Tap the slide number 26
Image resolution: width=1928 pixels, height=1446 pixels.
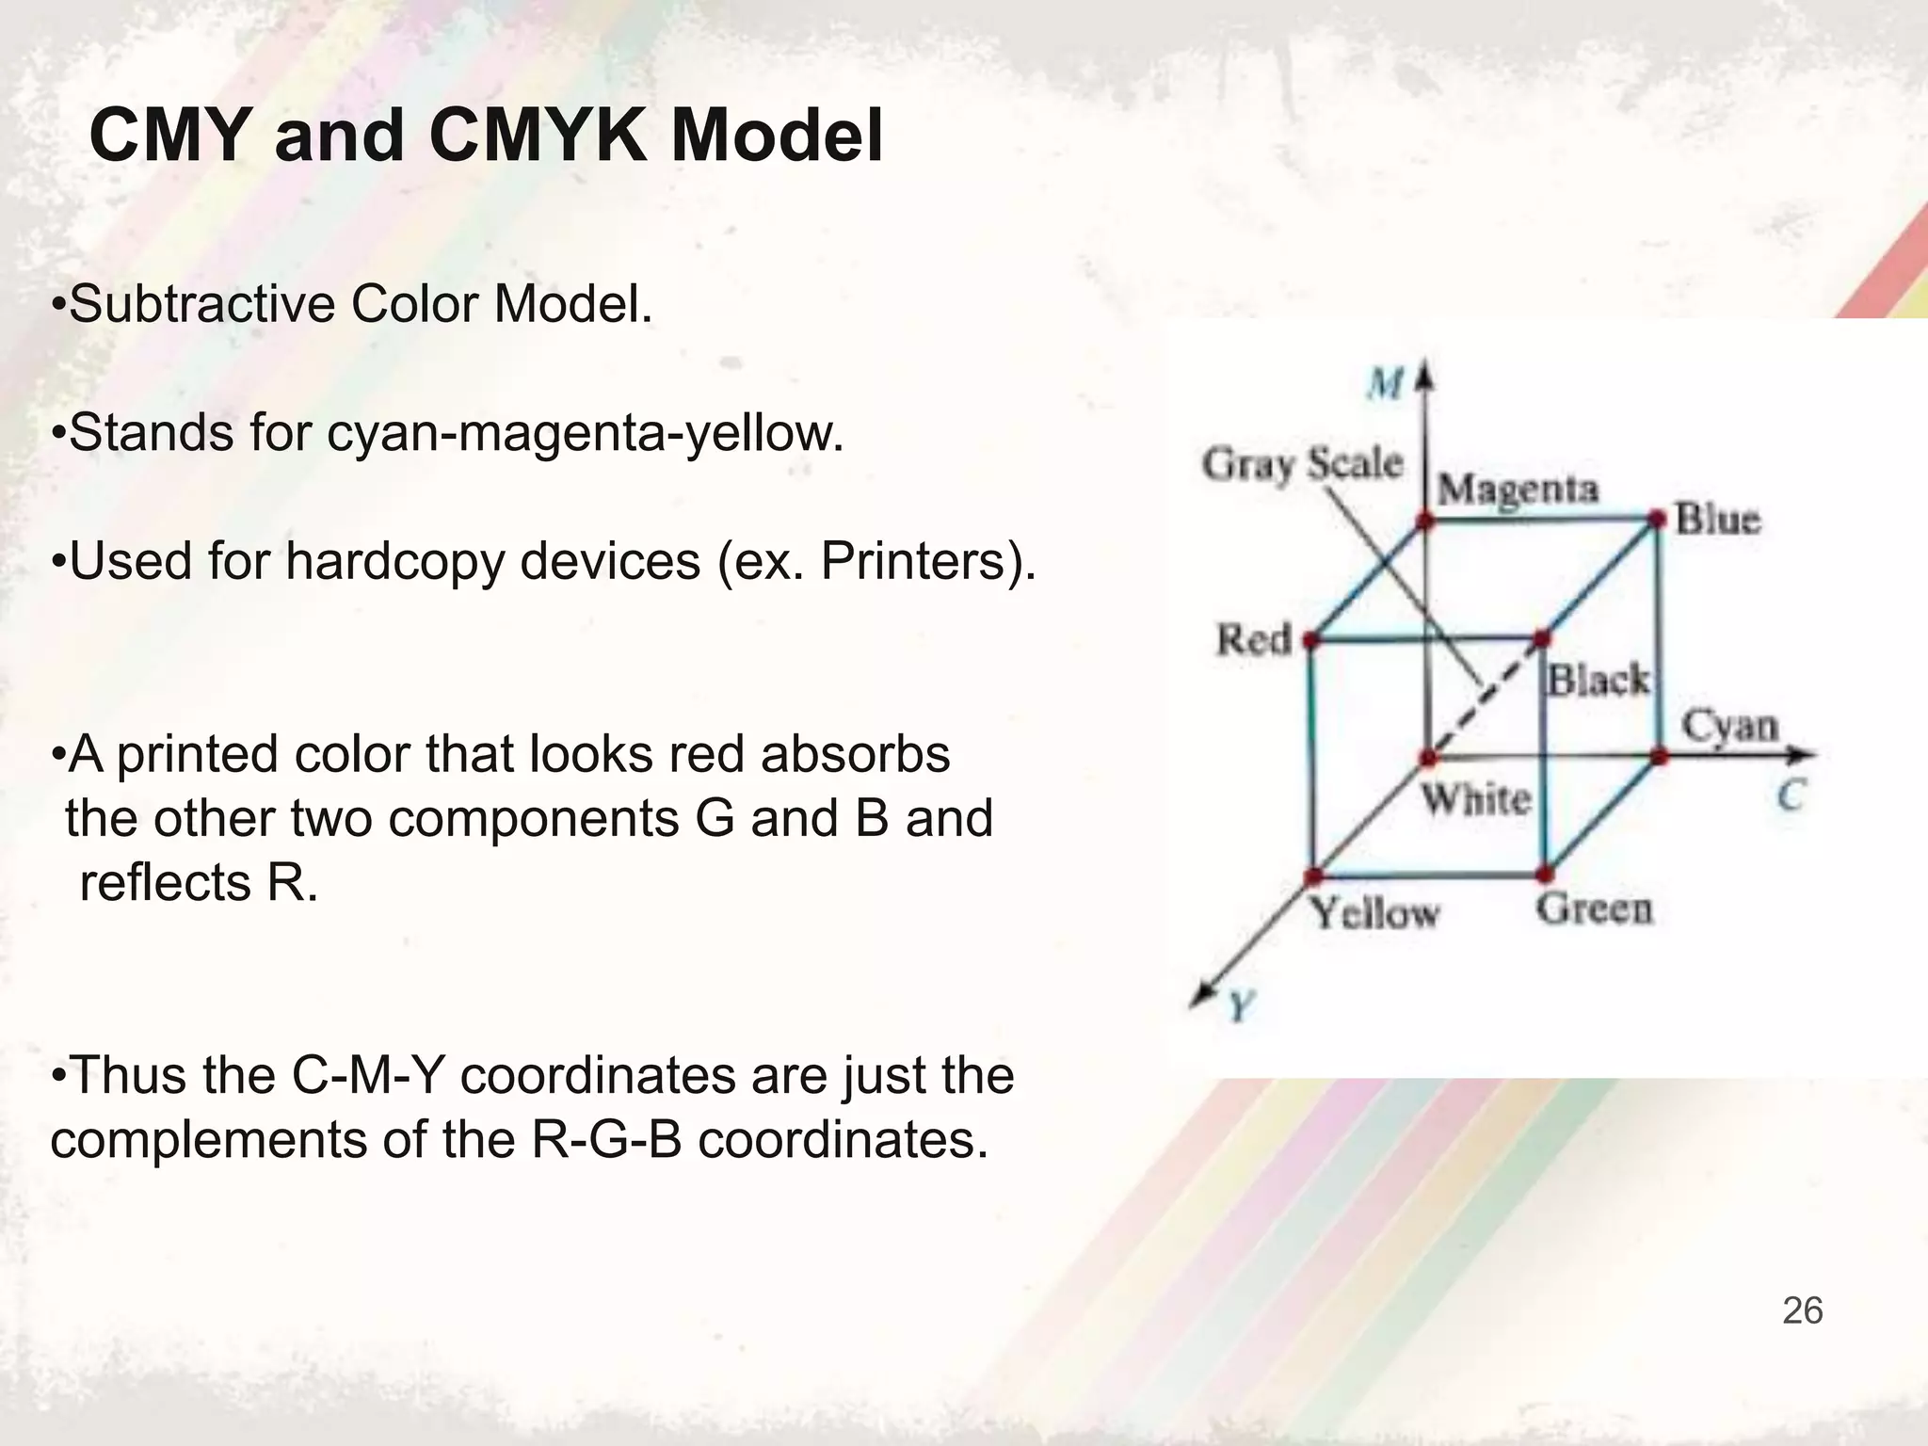click(1802, 1310)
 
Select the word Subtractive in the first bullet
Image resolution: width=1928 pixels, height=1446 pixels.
click(201, 305)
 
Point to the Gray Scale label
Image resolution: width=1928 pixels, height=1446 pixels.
click(1302, 464)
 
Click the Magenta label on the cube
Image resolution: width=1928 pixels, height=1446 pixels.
click(1518, 490)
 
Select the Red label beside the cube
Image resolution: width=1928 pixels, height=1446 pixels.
click(1254, 640)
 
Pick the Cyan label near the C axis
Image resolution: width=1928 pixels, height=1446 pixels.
click(1730, 727)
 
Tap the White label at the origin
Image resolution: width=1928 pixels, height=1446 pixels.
click(1476, 800)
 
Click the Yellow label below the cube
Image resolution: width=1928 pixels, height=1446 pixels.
click(1375, 913)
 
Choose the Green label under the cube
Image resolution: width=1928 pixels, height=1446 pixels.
click(1595, 909)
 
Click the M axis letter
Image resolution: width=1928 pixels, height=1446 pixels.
click(1386, 384)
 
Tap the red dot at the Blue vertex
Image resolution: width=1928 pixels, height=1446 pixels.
click(1658, 518)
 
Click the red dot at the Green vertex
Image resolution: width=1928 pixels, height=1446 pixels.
click(1544, 875)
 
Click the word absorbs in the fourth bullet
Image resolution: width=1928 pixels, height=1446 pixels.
click(855, 755)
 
